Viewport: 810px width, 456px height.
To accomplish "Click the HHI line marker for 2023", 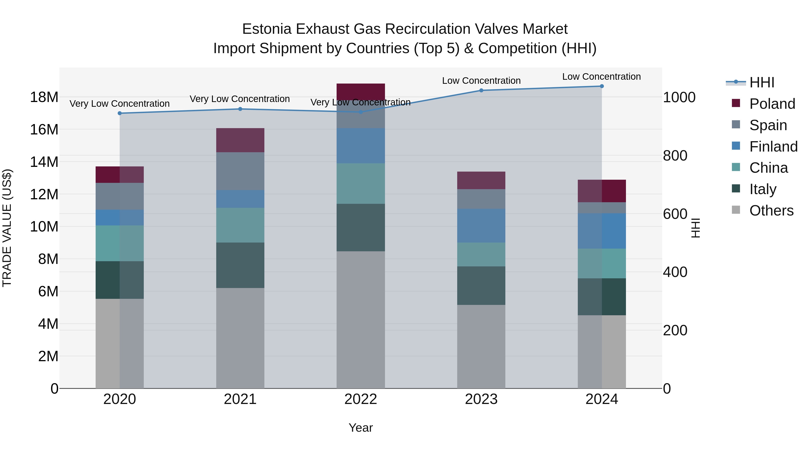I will pyautogui.click(x=481, y=90).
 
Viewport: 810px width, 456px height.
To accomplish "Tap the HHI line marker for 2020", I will pyautogui.click(x=119, y=113).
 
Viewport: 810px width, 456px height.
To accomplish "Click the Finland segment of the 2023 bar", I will pyautogui.click(x=481, y=225).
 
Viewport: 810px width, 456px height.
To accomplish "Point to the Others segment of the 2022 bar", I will pyautogui.click(x=361, y=319).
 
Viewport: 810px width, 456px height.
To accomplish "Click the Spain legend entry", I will pyautogui.click(x=768, y=125).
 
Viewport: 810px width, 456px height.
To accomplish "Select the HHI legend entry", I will pyautogui.click(x=762, y=82).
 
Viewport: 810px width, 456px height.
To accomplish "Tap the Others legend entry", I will pyautogui.click(x=771, y=211).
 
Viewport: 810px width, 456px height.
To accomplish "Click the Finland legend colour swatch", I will pyautogui.click(x=736, y=146).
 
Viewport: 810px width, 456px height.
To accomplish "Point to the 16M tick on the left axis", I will pyautogui.click(x=44, y=129).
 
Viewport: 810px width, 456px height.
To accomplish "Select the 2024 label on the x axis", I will pyautogui.click(x=601, y=399).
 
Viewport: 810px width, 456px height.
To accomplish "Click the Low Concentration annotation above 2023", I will pyautogui.click(x=481, y=81).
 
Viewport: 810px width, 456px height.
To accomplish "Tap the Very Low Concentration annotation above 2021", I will pyautogui.click(x=240, y=99).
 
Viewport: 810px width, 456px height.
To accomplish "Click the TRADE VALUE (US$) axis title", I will pyautogui.click(x=7, y=228).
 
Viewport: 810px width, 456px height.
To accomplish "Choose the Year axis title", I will pyautogui.click(x=361, y=428).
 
